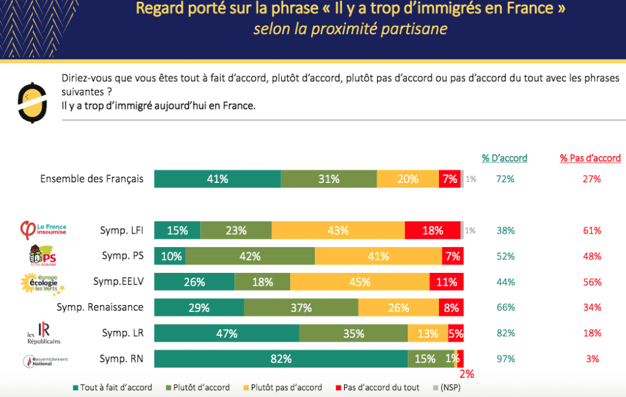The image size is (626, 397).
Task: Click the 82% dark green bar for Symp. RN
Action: click(x=281, y=359)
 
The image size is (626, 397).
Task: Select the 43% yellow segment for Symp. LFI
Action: click(x=338, y=231)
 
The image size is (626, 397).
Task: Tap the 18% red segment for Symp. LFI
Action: click(x=432, y=231)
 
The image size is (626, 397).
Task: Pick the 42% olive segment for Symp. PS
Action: click(x=250, y=256)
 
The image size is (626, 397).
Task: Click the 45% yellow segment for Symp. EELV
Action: click(x=359, y=282)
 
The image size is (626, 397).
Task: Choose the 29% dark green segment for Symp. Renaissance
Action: click(x=199, y=308)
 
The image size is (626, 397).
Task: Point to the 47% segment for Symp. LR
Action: click(x=226, y=333)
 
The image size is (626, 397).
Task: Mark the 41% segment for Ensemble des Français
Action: click(x=217, y=179)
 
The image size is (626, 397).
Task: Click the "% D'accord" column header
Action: click(x=504, y=158)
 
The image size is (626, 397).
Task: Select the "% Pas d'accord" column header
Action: click(x=590, y=158)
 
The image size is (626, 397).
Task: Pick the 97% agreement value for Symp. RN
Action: click(x=506, y=359)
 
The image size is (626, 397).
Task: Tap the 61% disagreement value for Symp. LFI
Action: click(x=592, y=231)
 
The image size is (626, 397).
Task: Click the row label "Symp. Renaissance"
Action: click(x=100, y=307)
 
